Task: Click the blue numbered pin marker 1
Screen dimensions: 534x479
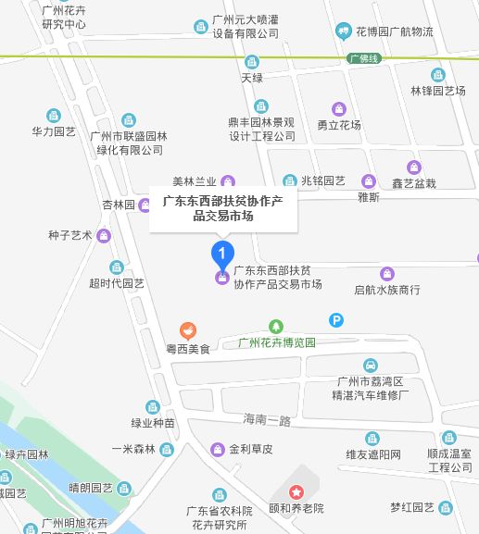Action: point(222,252)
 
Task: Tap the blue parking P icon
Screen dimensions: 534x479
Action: point(336,320)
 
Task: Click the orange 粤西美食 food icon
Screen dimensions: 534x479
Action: point(188,330)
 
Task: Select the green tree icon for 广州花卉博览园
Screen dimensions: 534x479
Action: point(275,326)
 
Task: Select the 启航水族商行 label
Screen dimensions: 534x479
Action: point(387,290)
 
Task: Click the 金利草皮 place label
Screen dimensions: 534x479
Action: point(251,449)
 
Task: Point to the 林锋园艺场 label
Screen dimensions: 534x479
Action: point(437,91)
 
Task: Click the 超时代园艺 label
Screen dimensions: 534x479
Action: point(117,283)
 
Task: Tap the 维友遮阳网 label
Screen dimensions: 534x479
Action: point(373,453)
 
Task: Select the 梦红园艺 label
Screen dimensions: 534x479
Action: point(412,507)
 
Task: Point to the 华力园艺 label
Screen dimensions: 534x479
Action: point(54,131)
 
